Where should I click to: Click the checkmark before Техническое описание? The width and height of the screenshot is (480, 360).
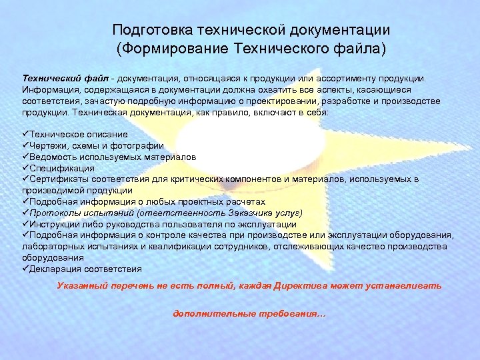(25, 134)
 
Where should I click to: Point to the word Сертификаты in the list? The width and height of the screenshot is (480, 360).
(59, 179)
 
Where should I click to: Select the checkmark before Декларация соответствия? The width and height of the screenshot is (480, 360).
(25, 269)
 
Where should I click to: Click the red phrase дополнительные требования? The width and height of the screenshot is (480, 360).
(249, 313)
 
